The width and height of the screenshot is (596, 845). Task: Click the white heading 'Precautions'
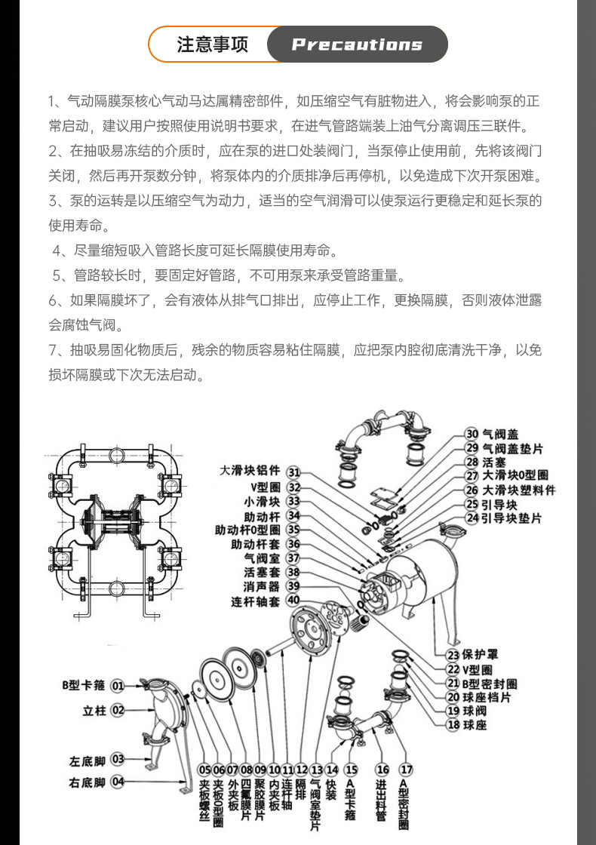pyautogui.click(x=357, y=45)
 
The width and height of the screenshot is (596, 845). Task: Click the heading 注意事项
pyautogui.click(x=212, y=45)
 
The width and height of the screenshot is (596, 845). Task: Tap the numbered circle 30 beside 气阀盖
pyautogui.click(x=472, y=434)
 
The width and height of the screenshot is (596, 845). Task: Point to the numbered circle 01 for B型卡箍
pyautogui.click(x=118, y=686)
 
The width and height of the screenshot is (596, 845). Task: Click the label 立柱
pyautogui.click(x=93, y=710)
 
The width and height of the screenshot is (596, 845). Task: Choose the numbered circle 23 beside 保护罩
pyautogui.click(x=453, y=654)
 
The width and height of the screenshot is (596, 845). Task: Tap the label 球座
pyautogui.click(x=475, y=725)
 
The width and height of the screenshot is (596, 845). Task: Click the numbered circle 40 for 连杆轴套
pyautogui.click(x=293, y=601)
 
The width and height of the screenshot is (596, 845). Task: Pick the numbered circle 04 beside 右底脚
pyautogui.click(x=118, y=782)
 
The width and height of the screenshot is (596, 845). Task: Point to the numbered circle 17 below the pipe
pyautogui.click(x=406, y=770)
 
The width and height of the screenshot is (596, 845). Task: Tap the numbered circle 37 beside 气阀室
pyautogui.click(x=293, y=558)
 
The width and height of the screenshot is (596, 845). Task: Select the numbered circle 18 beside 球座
pyautogui.click(x=453, y=725)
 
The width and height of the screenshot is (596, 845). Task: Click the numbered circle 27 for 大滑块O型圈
pyautogui.click(x=472, y=476)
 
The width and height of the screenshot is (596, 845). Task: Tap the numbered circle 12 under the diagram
pyautogui.click(x=301, y=770)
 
